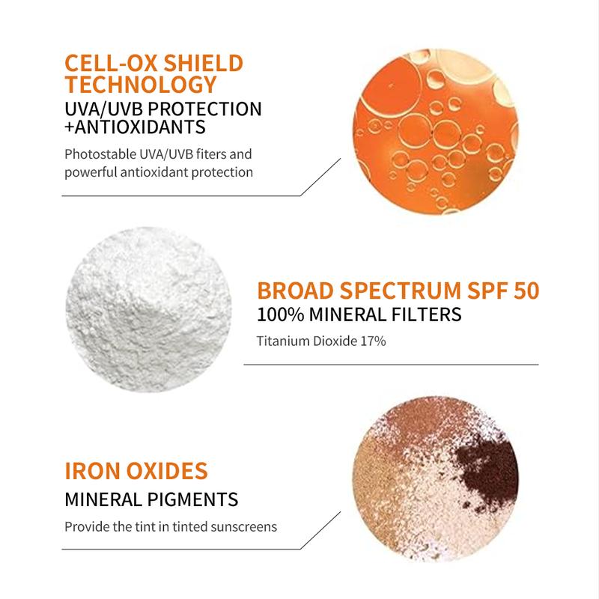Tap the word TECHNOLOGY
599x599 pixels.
click(x=141, y=85)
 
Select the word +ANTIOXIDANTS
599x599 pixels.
click(x=135, y=127)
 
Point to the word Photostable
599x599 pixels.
click(x=100, y=154)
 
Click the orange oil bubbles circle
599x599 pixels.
click(x=436, y=132)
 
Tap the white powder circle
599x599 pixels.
click(x=148, y=309)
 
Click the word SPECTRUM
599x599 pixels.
click(x=401, y=291)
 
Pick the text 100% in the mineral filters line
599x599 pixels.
click(x=280, y=314)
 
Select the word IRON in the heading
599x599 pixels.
click(x=93, y=471)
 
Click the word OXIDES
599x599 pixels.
click(x=167, y=471)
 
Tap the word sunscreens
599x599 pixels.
click(x=244, y=527)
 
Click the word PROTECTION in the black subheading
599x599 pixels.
click(x=204, y=109)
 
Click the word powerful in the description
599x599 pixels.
click(x=91, y=172)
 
